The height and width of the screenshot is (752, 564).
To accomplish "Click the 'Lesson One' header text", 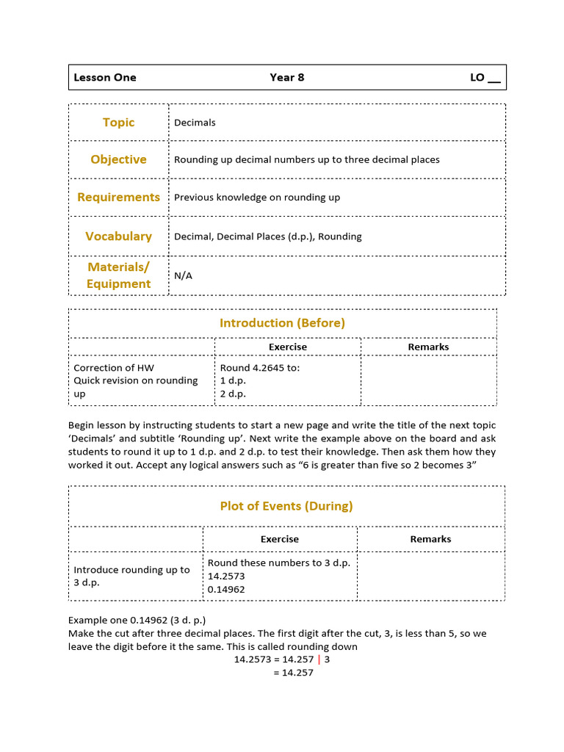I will tap(105, 77).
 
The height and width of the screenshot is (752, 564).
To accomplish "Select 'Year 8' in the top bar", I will tap(286, 77).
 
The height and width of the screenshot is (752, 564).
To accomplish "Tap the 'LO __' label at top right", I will tap(485, 77).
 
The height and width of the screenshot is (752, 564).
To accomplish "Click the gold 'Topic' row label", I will tap(118, 123).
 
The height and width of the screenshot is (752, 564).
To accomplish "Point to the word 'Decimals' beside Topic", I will tap(195, 123).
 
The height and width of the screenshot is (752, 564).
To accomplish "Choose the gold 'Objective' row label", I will tap(118, 159).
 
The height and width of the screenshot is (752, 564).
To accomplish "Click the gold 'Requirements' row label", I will tap(118, 197).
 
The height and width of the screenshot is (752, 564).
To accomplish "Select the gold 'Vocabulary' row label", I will tap(118, 236).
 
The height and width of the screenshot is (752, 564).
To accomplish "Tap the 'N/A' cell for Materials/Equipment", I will tap(183, 275).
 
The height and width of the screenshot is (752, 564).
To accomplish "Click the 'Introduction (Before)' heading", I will tap(282, 322).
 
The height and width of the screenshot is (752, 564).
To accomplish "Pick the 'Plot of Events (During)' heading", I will tap(286, 506).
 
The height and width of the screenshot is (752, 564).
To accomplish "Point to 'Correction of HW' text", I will tap(114, 368).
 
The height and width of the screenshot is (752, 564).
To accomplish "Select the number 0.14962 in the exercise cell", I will tap(226, 589).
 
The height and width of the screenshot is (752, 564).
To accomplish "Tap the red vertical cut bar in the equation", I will tap(319, 659).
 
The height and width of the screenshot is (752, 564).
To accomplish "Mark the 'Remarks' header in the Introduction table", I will tap(428, 347).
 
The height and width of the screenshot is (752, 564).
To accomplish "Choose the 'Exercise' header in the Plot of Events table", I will tap(280, 539).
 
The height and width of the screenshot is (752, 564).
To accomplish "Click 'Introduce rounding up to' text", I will tap(131, 570).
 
